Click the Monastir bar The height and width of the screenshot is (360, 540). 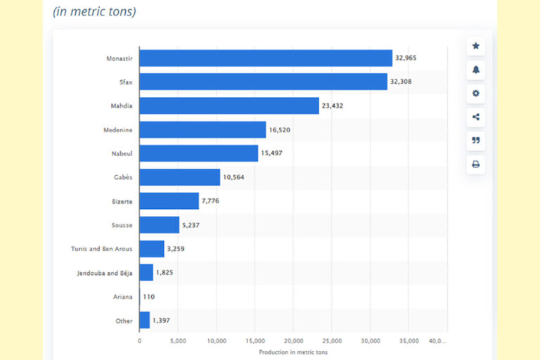[265, 58]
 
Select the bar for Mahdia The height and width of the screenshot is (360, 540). [229, 105]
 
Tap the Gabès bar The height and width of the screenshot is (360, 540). [179, 177]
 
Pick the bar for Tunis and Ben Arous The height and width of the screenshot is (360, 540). [151, 249]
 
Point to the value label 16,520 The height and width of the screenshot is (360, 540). [280, 129]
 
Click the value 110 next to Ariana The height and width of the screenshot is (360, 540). [148, 297]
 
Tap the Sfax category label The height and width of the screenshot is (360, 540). [125, 82]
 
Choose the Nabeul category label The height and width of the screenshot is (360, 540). [121, 153]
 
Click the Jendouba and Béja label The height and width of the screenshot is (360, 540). [104, 273]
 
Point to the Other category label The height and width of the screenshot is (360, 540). [124, 321]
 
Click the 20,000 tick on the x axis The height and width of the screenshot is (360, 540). [294, 341]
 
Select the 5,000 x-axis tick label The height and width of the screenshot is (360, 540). [178, 341]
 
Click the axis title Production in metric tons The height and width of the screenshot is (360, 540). [293, 352]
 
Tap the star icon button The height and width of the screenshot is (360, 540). [476, 46]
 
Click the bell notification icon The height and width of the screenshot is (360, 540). [476, 70]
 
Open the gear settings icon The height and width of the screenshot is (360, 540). [476, 94]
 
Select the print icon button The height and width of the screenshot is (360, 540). [476, 165]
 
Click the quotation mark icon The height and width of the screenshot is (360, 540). [476, 141]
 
